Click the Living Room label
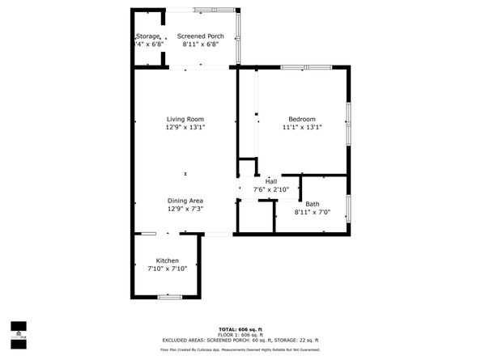pos(185,119)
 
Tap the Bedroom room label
pos(301,119)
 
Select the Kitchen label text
pos(168,260)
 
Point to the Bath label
pos(312,204)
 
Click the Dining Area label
pos(185,201)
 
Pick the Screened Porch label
pos(201,36)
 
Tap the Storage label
pos(147,36)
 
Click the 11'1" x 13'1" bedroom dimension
pos(301,127)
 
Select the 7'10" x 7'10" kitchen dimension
pos(168,269)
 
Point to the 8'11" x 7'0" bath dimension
pos(312,212)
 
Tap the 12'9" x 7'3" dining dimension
pos(185,209)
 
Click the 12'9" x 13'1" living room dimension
pos(185,127)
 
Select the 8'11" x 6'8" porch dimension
pos(201,44)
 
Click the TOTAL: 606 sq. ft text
pos(240,329)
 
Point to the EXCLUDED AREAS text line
pos(240,340)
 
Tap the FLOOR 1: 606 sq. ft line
pos(240,335)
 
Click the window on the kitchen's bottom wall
pos(168,297)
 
